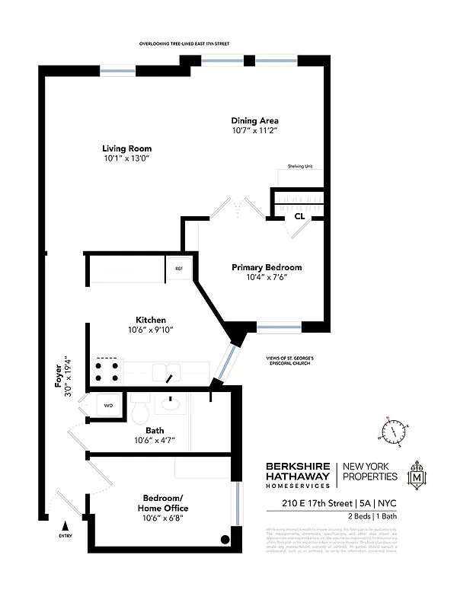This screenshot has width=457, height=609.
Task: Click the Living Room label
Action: [127, 148]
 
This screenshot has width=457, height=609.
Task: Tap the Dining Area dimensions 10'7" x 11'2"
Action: [255, 131]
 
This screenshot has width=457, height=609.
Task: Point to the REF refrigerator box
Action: [179, 268]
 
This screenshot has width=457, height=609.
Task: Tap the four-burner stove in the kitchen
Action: [107, 371]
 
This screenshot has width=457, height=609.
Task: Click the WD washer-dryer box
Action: [108, 406]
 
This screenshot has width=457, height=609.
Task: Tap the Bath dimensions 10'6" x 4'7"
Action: [155, 441]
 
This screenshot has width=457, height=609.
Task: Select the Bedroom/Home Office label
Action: [161, 502]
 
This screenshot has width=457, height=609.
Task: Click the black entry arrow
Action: [66, 525]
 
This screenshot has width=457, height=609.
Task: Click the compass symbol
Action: [394, 432]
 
